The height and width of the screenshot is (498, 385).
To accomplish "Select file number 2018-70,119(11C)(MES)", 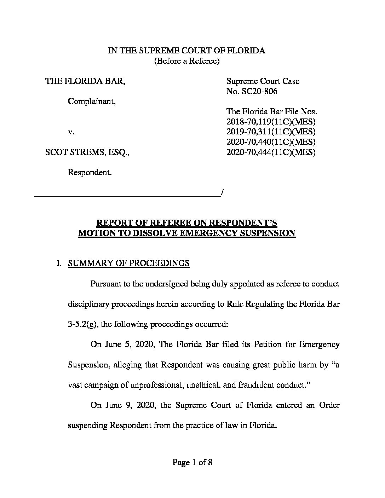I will click(x=271, y=122).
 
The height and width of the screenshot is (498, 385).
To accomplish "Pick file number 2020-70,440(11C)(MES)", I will click(x=271, y=142).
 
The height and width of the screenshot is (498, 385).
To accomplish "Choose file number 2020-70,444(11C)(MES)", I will click(x=271, y=152).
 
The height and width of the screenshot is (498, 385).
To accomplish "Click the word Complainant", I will click(x=91, y=102).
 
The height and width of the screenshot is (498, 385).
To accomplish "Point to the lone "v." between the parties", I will click(x=71, y=132).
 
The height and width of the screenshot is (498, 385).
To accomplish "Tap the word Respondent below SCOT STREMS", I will click(x=90, y=173).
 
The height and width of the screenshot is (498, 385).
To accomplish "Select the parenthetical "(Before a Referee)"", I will click(x=186, y=61).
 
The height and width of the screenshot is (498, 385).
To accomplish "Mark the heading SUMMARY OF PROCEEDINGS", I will click(x=129, y=264).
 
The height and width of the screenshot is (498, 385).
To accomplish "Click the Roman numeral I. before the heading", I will click(x=59, y=264).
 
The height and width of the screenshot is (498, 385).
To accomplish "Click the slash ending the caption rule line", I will click(x=222, y=193).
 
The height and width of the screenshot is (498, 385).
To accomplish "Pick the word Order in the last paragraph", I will click(x=329, y=405).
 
